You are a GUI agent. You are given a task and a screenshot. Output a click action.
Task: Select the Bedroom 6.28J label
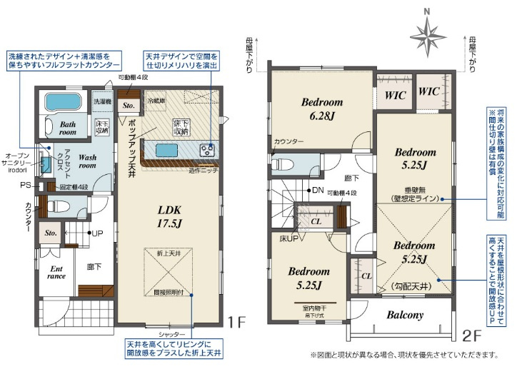point(321,108)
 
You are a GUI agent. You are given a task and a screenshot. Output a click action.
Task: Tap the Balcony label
point(405,315)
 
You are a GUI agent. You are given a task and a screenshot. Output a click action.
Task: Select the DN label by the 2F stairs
point(317,190)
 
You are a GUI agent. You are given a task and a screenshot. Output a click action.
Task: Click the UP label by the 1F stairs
point(96,233)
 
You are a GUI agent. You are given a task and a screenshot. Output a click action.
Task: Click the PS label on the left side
point(24,186)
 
